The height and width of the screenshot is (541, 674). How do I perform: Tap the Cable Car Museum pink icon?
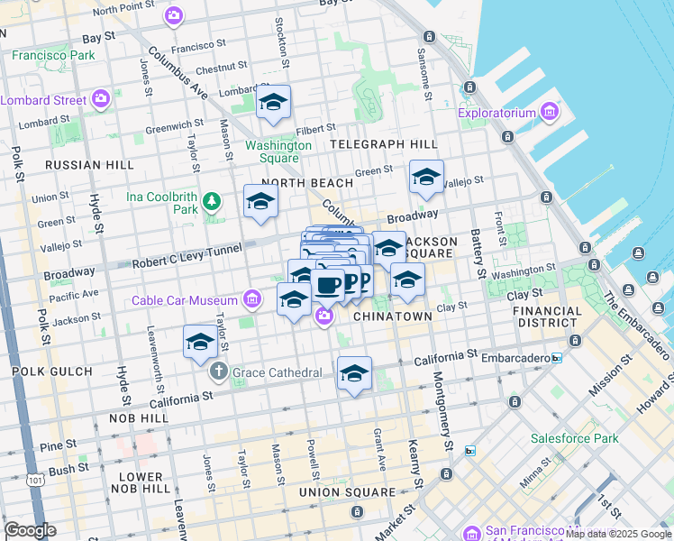click(252, 298)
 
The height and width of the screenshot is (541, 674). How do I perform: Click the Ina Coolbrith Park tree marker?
click(212, 200)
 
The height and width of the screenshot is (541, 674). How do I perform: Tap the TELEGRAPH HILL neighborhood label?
click(383, 144)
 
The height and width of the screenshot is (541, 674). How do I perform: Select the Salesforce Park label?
click(574, 439)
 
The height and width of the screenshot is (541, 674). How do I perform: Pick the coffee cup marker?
click(328, 285)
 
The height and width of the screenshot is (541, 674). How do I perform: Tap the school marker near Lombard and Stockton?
click(273, 105)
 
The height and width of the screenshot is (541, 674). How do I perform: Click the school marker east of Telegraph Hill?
click(426, 178)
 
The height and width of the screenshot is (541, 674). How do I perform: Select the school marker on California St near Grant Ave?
click(354, 374)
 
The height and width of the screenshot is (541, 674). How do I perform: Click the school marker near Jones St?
click(200, 343)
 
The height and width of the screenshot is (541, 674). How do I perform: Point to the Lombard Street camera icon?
click(102, 98)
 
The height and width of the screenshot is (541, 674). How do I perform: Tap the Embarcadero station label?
click(512, 358)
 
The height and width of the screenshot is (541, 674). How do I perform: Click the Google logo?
click(30, 530)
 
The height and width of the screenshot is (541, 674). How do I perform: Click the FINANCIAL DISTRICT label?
click(548, 316)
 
